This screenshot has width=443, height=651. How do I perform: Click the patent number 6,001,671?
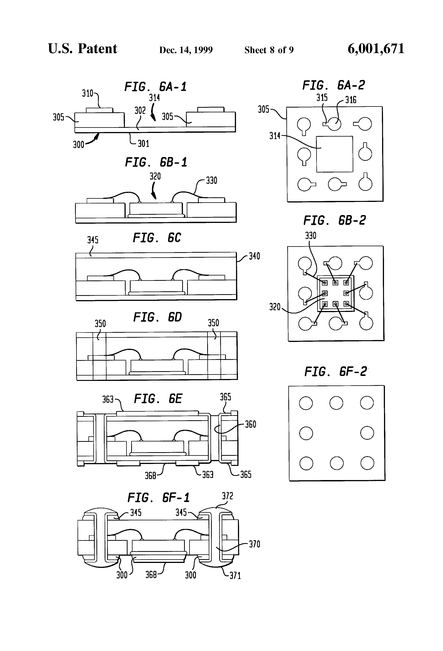coord(376,49)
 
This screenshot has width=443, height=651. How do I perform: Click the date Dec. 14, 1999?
coord(186,50)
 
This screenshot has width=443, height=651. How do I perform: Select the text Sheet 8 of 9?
coord(269,50)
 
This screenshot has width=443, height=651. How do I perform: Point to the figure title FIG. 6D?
coord(157,317)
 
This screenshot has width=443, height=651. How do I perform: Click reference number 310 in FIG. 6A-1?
coord(87,93)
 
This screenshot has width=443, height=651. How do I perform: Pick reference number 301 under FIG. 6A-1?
coord(143,144)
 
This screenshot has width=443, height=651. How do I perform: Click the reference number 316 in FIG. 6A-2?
coord(351,100)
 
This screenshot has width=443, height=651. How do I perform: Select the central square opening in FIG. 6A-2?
coord(335,154)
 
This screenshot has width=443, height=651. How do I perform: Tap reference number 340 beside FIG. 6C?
coord(254,256)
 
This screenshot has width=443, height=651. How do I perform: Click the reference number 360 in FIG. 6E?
coord(251,424)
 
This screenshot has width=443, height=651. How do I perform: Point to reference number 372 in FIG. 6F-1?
coord(227,496)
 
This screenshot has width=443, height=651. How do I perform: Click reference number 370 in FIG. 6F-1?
coord(255,544)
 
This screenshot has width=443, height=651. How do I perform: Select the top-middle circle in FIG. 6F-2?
coord(336,403)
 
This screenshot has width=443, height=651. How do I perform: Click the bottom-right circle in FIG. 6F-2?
coord(367,463)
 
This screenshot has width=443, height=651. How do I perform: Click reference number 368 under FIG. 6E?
coord(150,475)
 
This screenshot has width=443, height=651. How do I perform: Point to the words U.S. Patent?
coord(83,49)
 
